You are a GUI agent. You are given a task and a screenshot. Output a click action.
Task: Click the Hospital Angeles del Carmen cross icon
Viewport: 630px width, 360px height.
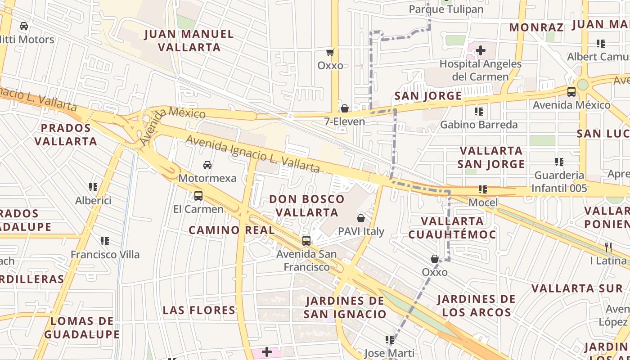point(481,50)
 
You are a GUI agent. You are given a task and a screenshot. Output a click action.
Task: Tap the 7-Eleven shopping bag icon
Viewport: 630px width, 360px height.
point(344,108)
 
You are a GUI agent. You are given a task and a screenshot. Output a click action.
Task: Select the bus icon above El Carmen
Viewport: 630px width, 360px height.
point(198,196)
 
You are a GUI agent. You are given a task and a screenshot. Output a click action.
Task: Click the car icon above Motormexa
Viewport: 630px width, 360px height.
point(207,165)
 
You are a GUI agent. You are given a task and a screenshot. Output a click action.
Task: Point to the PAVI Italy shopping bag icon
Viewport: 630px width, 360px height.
point(361,219)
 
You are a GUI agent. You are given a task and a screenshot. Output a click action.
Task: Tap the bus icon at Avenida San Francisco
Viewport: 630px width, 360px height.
point(306,241)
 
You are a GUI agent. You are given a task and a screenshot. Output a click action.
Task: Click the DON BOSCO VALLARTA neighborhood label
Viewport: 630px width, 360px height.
point(307,206)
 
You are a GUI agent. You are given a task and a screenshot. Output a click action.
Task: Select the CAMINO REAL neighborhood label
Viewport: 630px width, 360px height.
point(232,230)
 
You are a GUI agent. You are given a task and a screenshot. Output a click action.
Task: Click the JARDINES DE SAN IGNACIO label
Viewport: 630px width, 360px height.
point(345,307)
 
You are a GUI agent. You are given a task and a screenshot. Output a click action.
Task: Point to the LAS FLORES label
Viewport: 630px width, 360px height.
point(199,310)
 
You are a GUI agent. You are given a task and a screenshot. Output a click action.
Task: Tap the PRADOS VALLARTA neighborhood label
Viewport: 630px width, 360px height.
point(66,135)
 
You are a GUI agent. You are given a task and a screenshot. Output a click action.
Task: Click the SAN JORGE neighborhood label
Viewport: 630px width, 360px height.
point(428,96)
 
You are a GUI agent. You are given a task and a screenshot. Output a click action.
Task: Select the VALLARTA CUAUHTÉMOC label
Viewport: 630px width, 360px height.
point(452,228)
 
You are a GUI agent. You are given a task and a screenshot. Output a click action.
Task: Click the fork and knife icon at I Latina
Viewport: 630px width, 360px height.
point(608,247)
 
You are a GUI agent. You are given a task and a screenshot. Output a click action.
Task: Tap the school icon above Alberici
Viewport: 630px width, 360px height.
point(93,187)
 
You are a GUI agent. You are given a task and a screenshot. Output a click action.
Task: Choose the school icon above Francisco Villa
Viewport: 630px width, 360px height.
point(105,241)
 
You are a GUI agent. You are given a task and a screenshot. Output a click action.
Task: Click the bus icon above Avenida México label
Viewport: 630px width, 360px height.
point(571,92)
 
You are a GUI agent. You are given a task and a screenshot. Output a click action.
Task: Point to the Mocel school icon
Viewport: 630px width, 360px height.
point(483,189)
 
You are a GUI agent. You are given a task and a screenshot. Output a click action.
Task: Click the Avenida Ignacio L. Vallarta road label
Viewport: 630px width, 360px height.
point(253,154)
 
